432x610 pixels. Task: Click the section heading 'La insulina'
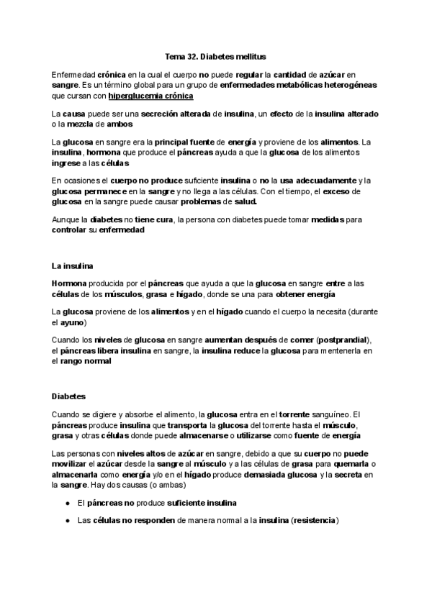(73, 268)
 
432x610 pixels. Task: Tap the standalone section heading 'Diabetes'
(69, 396)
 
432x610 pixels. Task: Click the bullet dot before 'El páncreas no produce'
(67, 502)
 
